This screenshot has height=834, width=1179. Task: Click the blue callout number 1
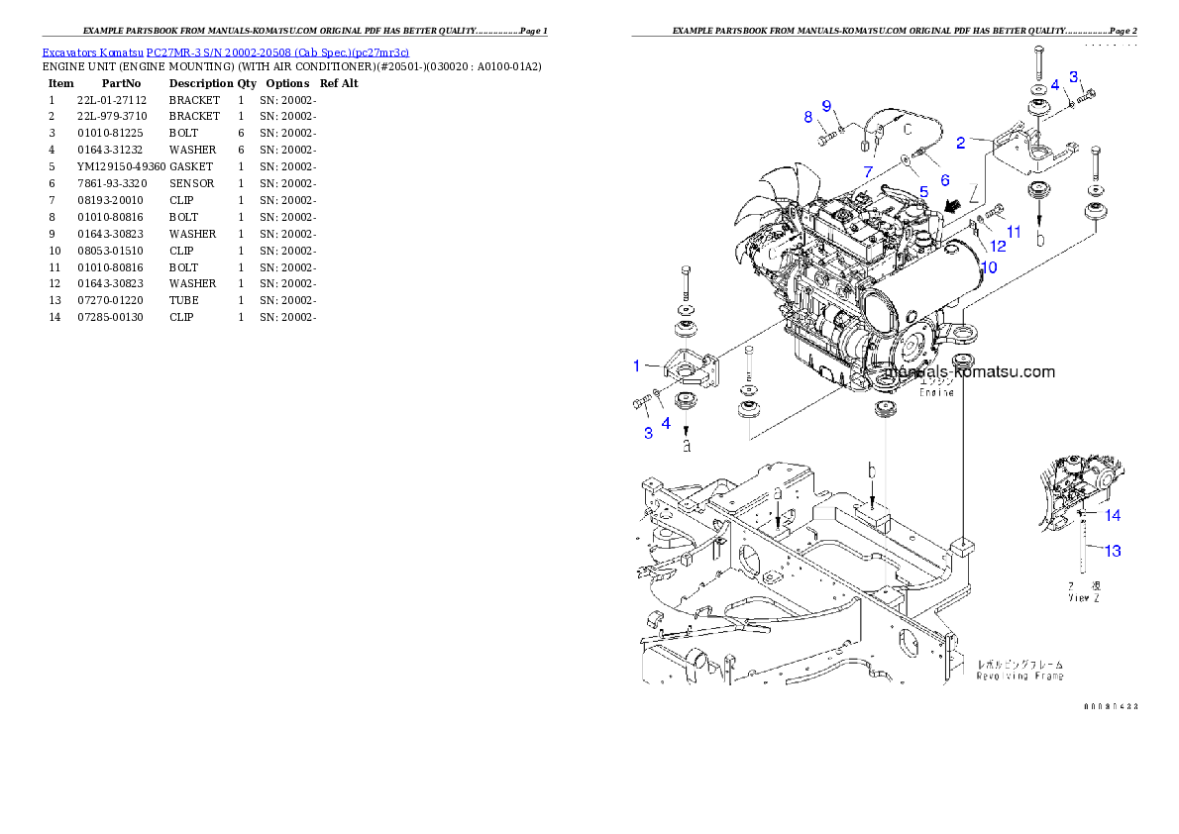(637, 366)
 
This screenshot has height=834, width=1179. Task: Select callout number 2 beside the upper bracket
(960, 143)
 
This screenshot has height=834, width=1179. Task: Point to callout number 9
(826, 106)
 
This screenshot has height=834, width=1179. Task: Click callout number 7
(868, 172)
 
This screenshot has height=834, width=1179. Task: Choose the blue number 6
(944, 180)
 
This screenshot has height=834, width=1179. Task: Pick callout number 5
(922, 191)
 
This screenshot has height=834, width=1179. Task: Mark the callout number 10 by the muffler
(989, 267)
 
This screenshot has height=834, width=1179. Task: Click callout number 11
(1013, 231)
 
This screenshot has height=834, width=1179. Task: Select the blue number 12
(998, 246)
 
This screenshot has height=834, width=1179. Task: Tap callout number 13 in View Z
(1114, 551)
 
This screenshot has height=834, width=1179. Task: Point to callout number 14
(1114, 515)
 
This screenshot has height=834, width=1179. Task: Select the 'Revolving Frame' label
(1020, 676)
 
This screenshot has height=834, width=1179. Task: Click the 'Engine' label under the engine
(936, 392)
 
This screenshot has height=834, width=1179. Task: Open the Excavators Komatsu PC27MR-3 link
(225, 52)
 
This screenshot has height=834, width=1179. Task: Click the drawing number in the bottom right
(1110, 706)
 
